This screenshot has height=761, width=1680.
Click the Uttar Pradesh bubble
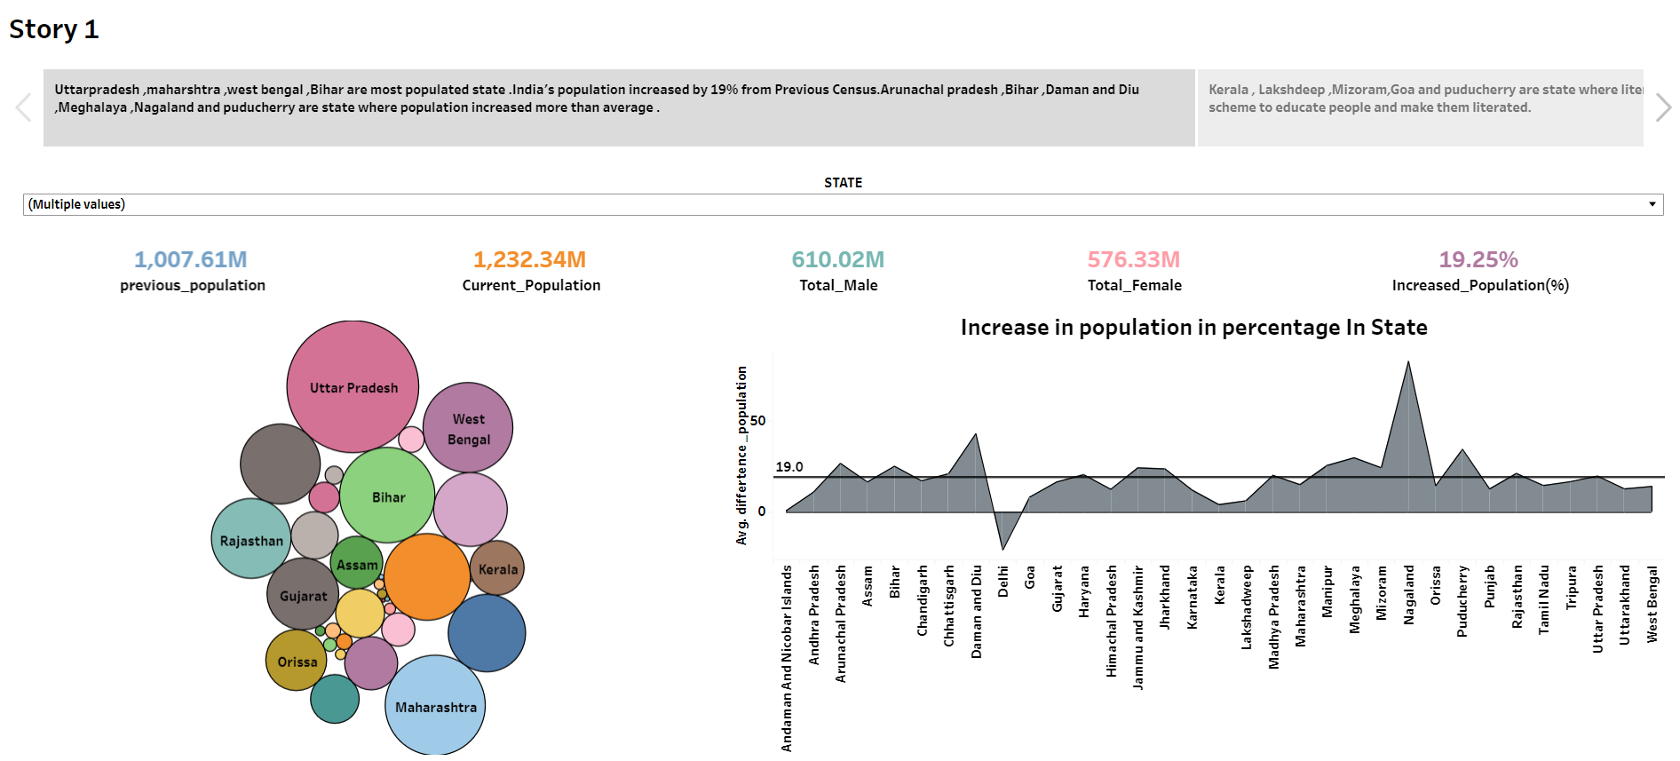[x=353, y=386]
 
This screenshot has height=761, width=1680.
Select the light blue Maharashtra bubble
[x=435, y=707]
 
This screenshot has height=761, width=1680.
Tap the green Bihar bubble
[x=387, y=496]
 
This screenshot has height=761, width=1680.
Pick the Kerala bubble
[x=496, y=569]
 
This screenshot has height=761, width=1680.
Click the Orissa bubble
[x=297, y=662]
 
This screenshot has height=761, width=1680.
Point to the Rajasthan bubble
[x=251, y=540]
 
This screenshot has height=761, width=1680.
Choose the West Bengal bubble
[x=468, y=428]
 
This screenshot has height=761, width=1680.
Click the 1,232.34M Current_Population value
[x=529, y=259]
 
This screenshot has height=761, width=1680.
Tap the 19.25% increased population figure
[x=1478, y=259]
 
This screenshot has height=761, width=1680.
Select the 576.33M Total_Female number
[x=1133, y=259]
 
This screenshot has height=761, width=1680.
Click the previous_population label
[x=193, y=285]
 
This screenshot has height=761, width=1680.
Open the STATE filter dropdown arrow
[x=1652, y=204]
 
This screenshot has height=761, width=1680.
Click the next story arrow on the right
[x=1663, y=108]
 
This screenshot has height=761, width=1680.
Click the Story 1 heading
[x=54, y=29]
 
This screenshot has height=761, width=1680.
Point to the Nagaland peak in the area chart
[x=1408, y=363]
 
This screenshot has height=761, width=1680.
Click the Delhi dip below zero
[x=1002, y=547]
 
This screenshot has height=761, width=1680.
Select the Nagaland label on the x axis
[x=1408, y=595]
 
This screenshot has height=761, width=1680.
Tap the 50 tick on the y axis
[x=757, y=421]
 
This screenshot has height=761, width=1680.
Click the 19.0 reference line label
[x=788, y=466]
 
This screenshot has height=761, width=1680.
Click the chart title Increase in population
[x=1193, y=328]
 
